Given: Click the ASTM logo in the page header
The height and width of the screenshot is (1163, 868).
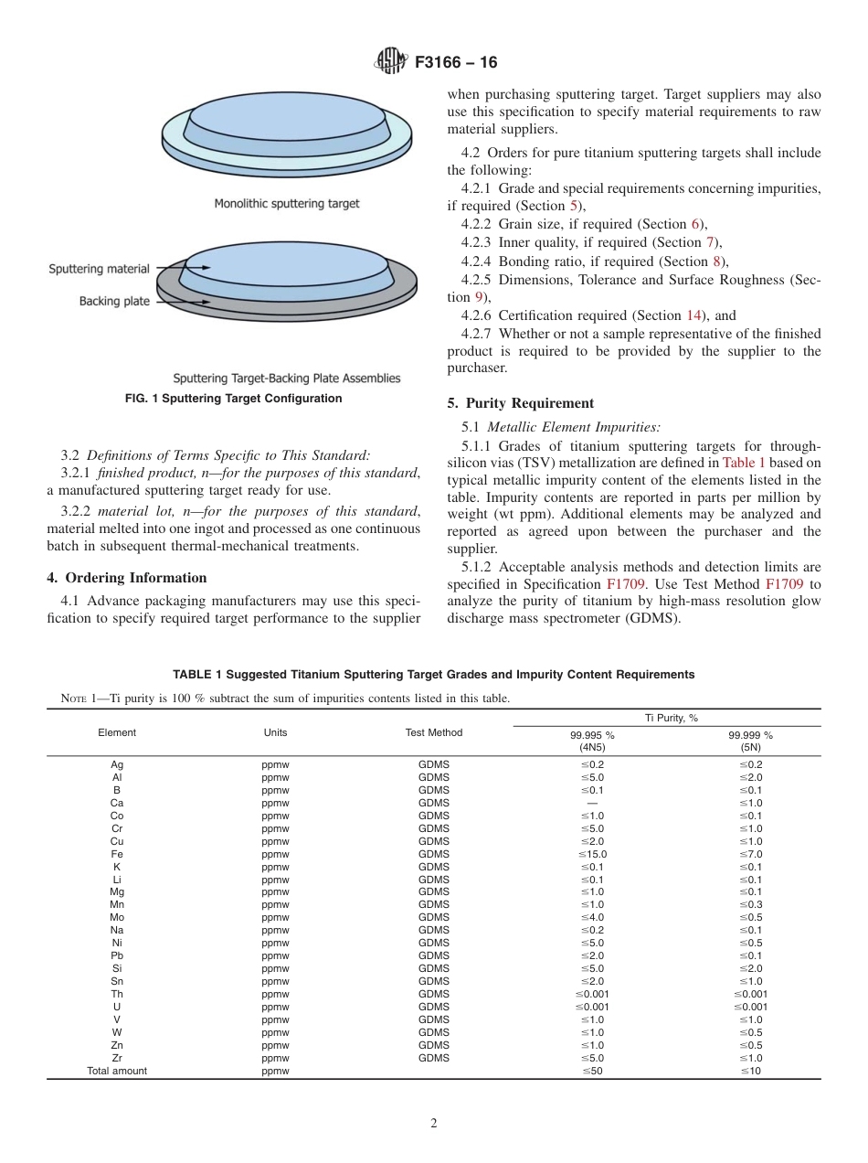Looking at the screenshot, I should tap(390, 63).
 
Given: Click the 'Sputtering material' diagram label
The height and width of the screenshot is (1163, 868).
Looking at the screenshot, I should tap(99, 269).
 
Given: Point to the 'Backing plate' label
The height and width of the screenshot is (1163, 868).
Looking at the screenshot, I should tap(113, 301).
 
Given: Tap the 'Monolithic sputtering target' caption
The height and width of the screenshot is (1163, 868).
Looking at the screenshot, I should tap(287, 203).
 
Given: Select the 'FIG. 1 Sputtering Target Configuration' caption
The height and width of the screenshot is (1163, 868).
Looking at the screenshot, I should tap(233, 399).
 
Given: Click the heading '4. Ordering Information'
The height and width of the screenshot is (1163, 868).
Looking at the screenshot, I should tap(126, 578).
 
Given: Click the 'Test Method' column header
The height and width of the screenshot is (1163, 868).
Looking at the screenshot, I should tap(434, 732).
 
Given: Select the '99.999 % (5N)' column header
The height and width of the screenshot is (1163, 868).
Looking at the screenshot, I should tap(750, 741).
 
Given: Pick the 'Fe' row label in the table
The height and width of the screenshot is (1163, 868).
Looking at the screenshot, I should tap(117, 854).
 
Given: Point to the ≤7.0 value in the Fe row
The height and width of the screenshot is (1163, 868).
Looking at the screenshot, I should tap(750, 854).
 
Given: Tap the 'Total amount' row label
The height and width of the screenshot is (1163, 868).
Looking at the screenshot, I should tap(117, 1071).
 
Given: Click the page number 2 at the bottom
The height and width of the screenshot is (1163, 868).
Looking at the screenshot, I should tap(434, 1125).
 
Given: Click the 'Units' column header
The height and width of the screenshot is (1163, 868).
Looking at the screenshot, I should tap(275, 732).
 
